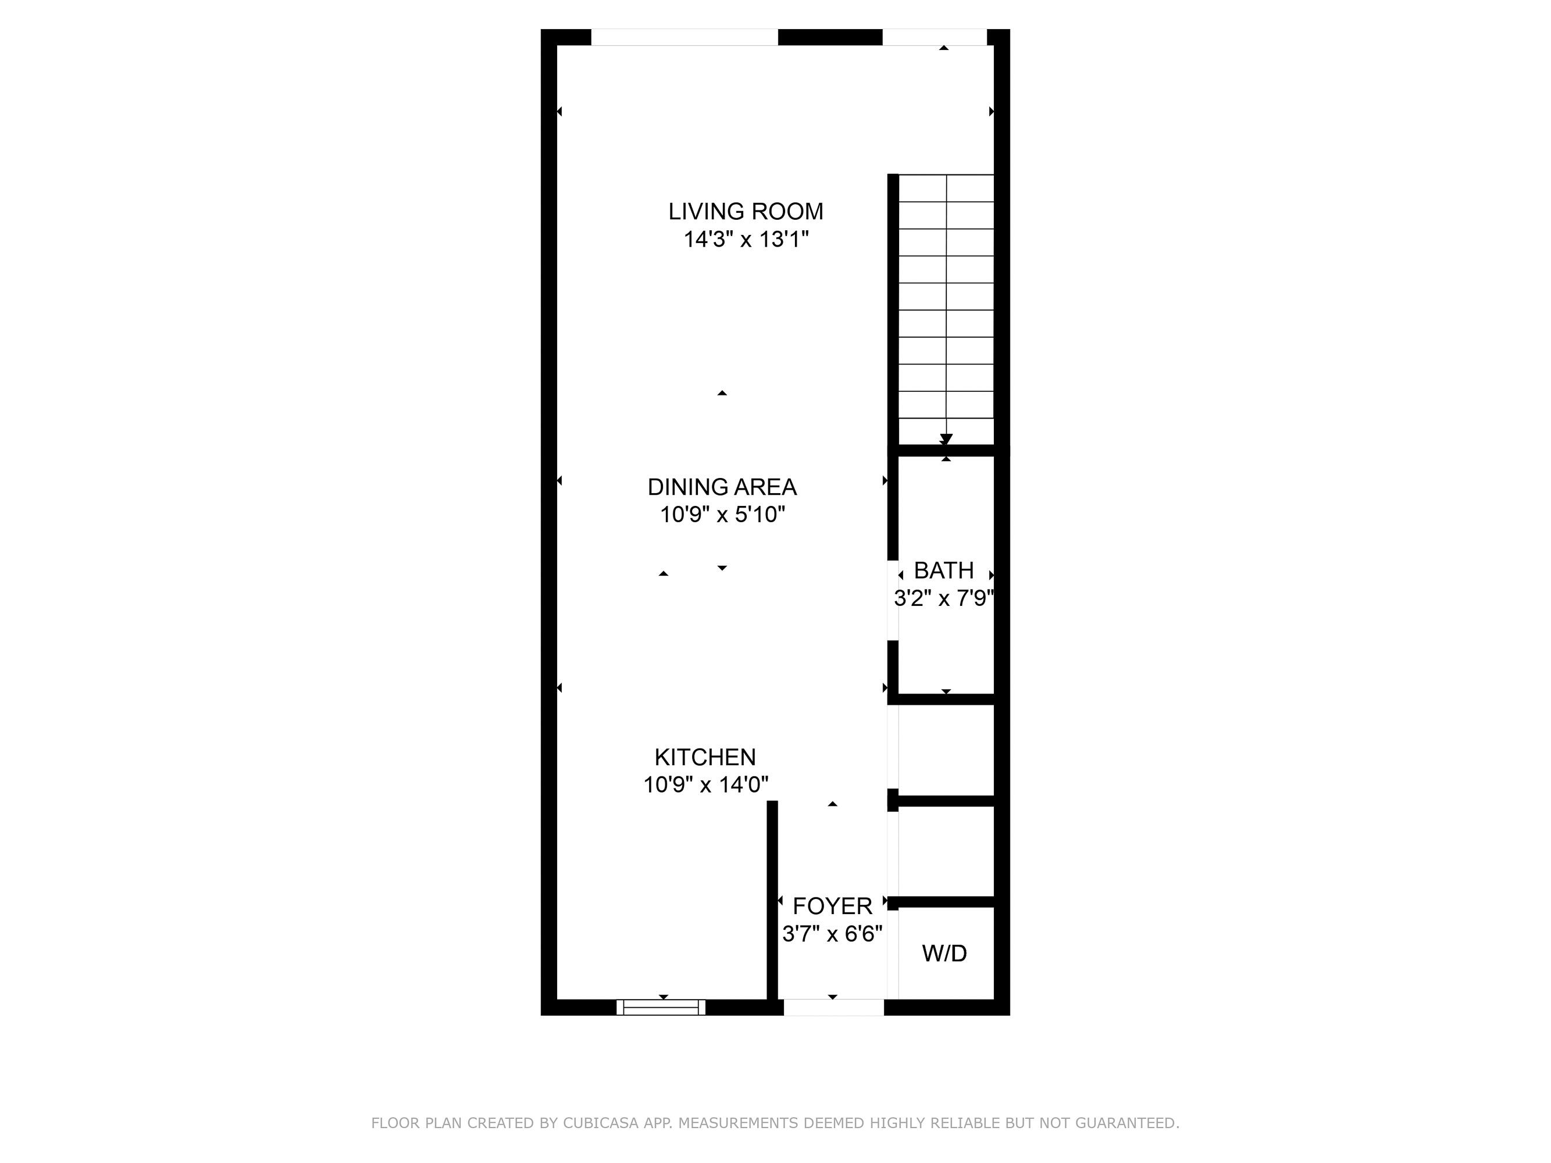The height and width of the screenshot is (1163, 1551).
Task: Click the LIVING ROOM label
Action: pos(746,211)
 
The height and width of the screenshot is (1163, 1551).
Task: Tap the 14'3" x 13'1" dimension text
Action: pos(746,240)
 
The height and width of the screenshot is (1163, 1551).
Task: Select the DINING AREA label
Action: pos(722,487)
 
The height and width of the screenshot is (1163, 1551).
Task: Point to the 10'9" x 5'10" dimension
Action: pos(722,515)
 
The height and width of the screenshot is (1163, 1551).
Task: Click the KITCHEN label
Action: pos(705,757)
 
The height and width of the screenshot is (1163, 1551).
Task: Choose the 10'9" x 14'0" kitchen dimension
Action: pos(705,784)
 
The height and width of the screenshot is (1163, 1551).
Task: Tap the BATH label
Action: pos(944,570)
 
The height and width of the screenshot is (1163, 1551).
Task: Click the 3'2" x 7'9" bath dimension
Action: pos(944,598)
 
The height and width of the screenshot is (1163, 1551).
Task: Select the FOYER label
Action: pos(832,906)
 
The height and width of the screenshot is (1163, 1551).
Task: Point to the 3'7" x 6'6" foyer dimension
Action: pos(832,934)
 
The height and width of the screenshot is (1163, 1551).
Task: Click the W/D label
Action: pos(944,952)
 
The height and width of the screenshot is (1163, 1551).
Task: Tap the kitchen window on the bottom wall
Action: pos(661,1007)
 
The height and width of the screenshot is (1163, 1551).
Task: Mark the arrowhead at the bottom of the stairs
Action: pos(946,439)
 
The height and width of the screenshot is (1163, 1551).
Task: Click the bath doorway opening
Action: pos(893,600)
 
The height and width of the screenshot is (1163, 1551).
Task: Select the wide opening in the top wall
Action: pos(684,37)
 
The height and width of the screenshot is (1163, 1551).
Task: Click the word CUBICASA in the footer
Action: pos(600,1123)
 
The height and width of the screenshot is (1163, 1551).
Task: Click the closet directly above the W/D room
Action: pos(946,852)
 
